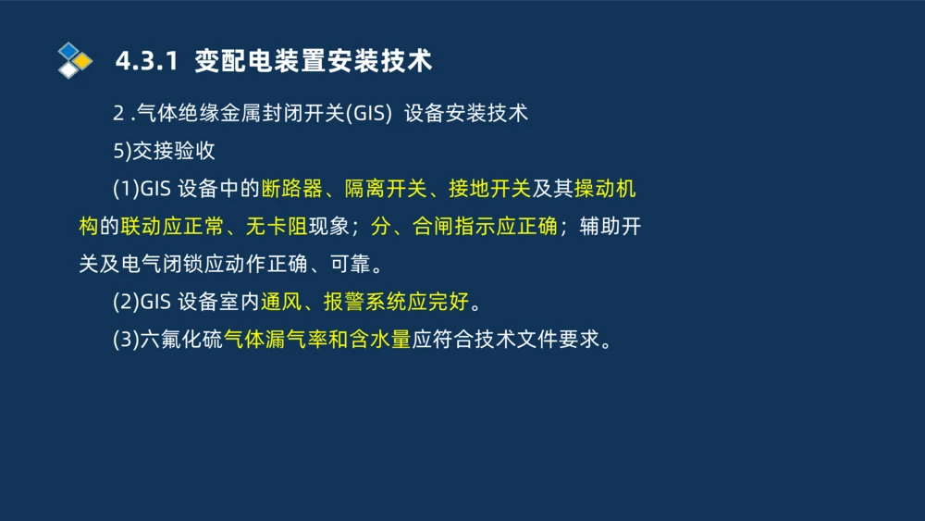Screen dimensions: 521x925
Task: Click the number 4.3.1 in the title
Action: pyautogui.click(x=145, y=61)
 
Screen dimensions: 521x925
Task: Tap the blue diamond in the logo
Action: pyautogui.click(x=68, y=50)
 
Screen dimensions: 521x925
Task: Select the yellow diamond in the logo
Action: pyautogui.click(x=82, y=61)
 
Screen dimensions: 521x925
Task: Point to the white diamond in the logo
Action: pyautogui.click(x=68, y=69)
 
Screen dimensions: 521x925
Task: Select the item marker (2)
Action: pyautogui.click(x=125, y=303)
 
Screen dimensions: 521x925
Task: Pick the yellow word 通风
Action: pyautogui.click(x=281, y=303)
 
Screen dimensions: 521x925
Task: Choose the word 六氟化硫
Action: pyautogui.click(x=182, y=341)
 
